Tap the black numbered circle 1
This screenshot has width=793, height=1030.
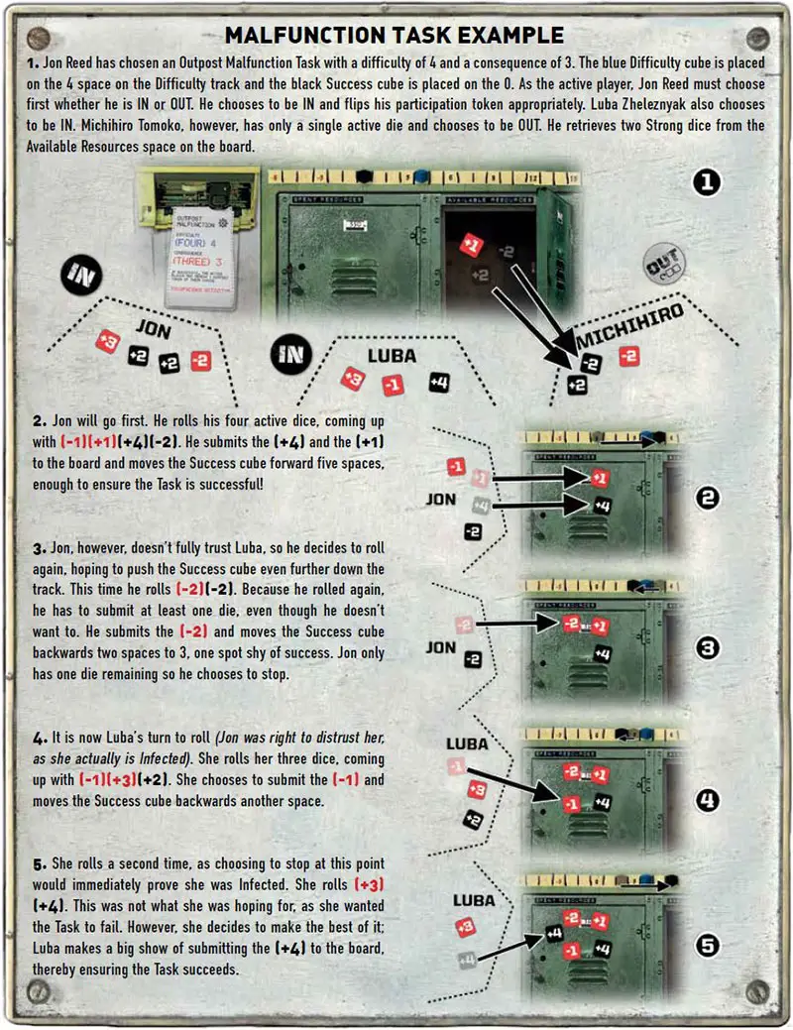708,182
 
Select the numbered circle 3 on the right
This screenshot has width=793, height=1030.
708,648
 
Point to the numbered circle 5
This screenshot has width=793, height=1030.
708,945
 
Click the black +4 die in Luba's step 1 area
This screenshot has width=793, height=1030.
438,381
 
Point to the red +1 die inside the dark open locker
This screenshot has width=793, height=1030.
472,245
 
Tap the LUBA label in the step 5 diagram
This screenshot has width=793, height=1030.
474,900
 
